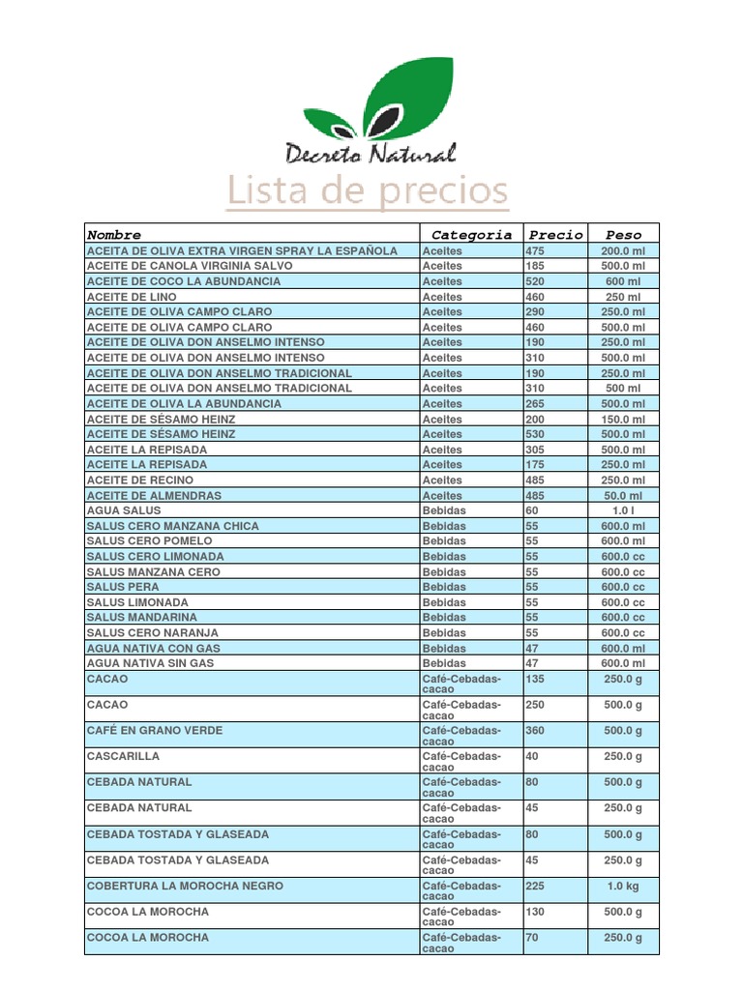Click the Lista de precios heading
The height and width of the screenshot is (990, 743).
368,191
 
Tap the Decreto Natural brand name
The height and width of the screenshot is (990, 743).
370,153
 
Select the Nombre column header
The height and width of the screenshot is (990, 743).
114,235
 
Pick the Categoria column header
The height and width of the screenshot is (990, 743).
471,235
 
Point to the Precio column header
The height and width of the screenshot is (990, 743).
555,235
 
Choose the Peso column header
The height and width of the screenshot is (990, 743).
623,235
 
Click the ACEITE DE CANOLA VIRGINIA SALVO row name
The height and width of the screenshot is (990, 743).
189,266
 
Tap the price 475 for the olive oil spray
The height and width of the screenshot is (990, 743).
535,250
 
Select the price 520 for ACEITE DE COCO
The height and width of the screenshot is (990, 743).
535,281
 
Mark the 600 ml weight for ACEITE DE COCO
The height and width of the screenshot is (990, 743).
623,281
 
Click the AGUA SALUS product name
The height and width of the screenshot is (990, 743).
124,510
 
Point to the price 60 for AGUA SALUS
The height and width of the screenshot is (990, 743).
532,510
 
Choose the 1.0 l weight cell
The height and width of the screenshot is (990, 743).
623,510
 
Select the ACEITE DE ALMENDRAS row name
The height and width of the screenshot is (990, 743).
154,495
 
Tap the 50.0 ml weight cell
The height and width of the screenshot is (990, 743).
623,495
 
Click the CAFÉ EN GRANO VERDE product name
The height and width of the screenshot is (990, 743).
154,731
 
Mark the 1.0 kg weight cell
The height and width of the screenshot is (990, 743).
623,886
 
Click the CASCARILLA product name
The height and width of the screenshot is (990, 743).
123,756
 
